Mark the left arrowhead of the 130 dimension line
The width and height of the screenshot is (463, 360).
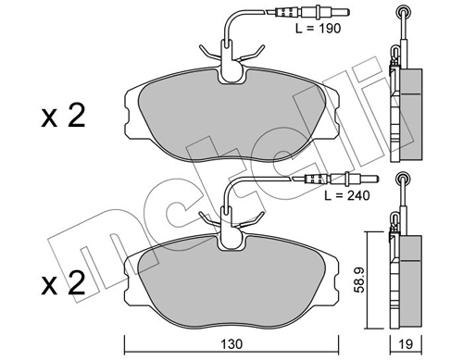(x=126, y=330)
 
